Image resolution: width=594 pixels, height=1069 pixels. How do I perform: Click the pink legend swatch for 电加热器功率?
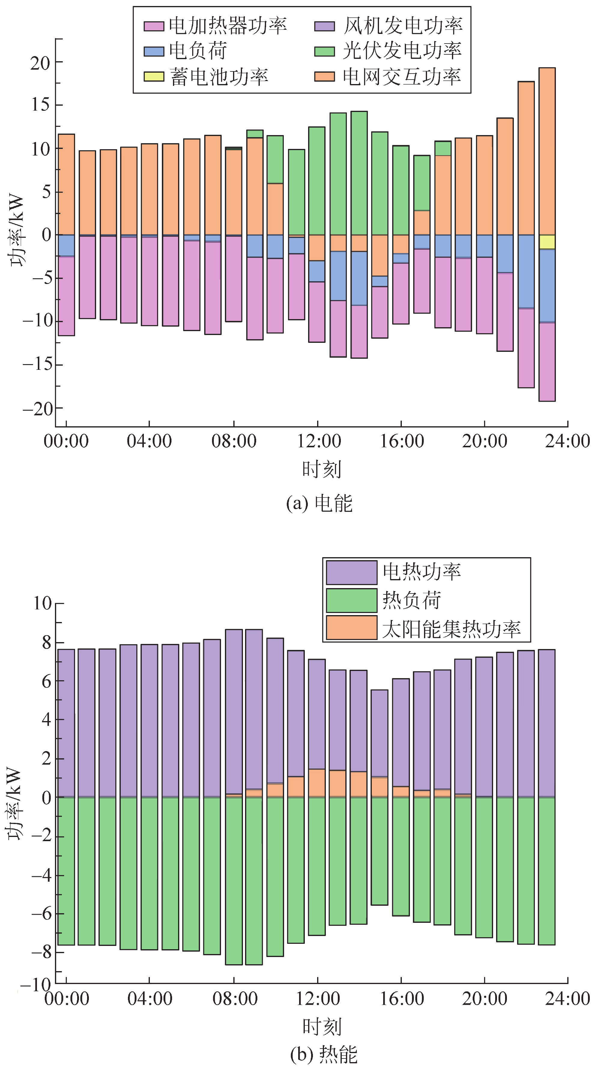coord(153,26)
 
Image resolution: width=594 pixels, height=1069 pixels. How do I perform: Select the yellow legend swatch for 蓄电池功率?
coord(153,76)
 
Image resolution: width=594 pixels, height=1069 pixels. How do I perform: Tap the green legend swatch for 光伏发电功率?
coord(324,51)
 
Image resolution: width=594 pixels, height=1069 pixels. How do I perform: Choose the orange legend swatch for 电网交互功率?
coord(324,76)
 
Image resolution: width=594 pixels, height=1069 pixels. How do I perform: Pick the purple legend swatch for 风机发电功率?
coord(324,26)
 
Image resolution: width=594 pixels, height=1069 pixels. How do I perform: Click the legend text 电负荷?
coord(198,51)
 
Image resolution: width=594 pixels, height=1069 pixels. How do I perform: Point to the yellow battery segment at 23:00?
coord(547,242)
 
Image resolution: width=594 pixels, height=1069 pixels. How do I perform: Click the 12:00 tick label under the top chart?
coord(318,441)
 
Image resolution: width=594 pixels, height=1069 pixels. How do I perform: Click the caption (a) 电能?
coord(319,504)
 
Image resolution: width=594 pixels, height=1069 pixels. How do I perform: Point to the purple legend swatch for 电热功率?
coord(351,572)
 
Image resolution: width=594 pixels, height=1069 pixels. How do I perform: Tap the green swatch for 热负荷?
coord(351,600)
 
